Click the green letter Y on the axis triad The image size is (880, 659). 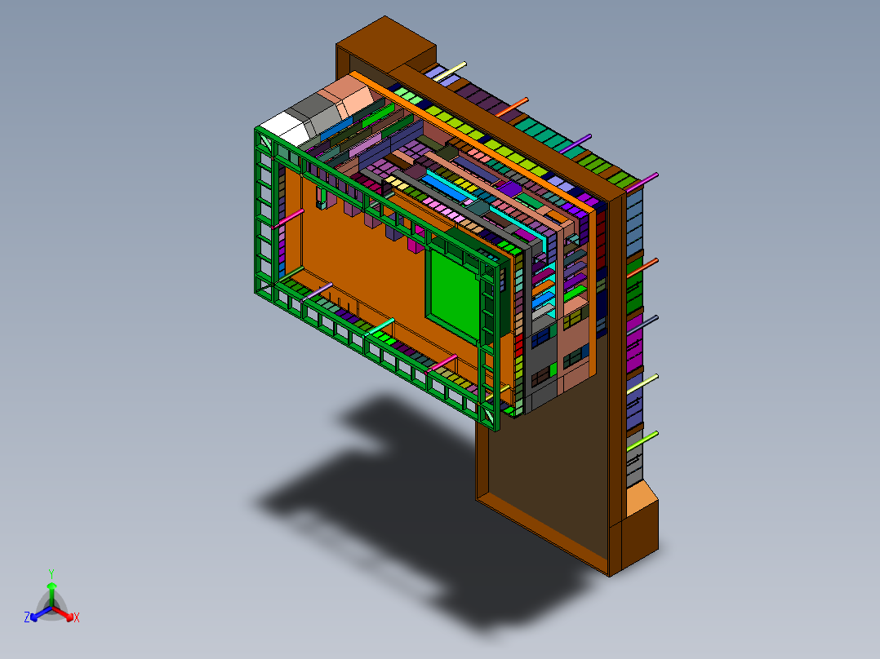point(51,573)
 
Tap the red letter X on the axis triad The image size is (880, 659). point(77,617)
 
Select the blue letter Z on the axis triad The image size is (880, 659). point(27,617)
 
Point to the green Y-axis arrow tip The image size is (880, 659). point(51,586)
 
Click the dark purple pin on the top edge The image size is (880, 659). point(577,143)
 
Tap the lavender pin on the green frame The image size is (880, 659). point(318,291)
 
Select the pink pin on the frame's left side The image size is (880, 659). point(290,218)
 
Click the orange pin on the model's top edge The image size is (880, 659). point(514,105)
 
